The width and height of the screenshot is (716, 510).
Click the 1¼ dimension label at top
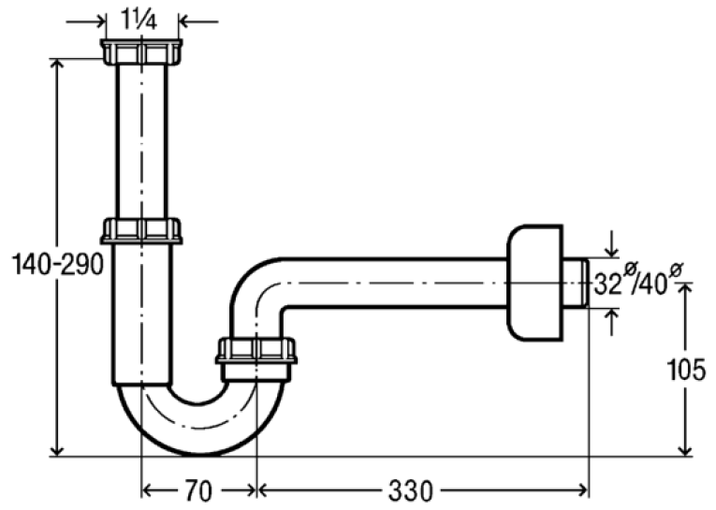[139, 20]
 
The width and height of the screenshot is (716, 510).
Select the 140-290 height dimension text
[57, 265]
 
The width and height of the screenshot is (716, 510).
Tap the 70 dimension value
[198, 491]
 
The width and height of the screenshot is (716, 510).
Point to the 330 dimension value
[410, 491]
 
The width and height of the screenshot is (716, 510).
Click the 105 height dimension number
[686, 370]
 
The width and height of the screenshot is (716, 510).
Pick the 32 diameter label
[608, 285]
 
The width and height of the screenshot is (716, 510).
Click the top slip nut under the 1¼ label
[141, 51]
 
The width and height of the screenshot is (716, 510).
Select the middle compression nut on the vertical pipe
[141, 231]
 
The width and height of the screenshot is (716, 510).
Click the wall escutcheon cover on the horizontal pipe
[534, 284]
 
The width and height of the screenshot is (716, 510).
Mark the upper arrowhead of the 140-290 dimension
[56, 65]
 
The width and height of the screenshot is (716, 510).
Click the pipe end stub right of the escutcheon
[576, 284]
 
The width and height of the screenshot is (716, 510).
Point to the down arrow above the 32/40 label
[611, 245]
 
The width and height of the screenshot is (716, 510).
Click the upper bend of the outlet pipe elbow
[250, 273]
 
